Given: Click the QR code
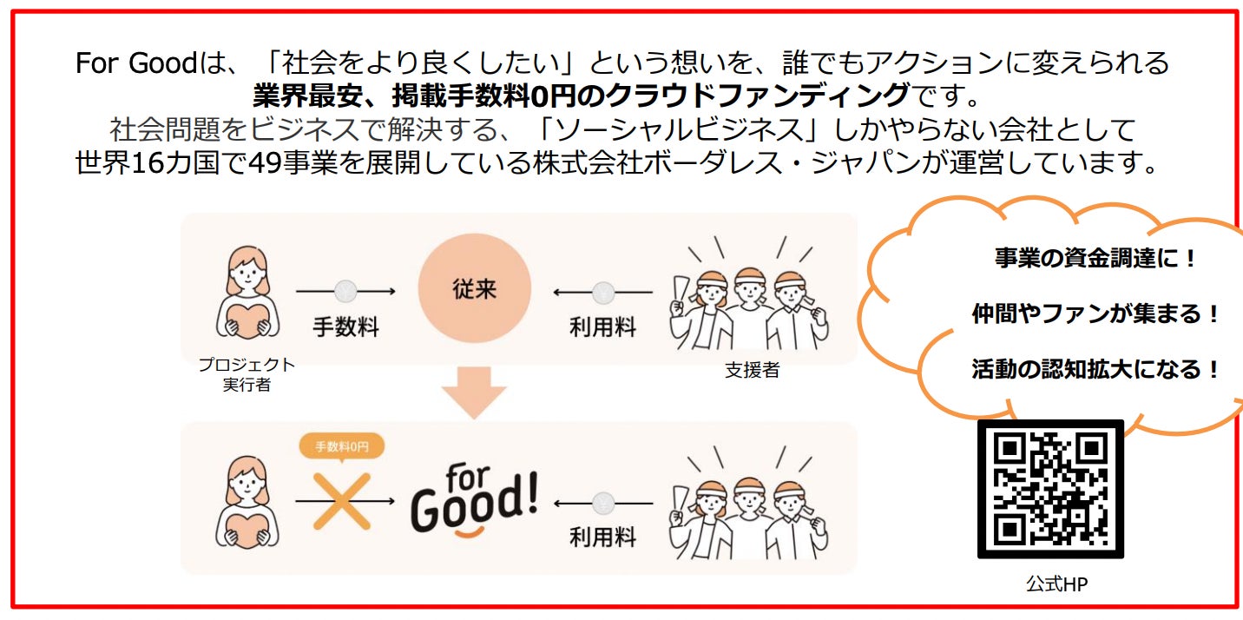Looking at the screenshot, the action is click(x=1050, y=489).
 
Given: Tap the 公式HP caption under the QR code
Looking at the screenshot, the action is click(x=1056, y=584).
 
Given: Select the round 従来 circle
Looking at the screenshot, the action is click(x=474, y=288).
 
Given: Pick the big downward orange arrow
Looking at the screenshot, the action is click(x=473, y=391).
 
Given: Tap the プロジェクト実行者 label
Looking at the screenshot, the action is click(x=247, y=374).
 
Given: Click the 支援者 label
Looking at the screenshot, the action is click(x=752, y=370).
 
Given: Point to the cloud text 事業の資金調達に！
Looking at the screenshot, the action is click(x=1095, y=259).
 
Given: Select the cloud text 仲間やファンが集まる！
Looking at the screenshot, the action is click(x=1095, y=314).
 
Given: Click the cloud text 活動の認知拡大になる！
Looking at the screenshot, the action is click(x=1095, y=370).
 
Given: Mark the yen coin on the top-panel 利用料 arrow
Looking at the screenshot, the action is click(x=603, y=292).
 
